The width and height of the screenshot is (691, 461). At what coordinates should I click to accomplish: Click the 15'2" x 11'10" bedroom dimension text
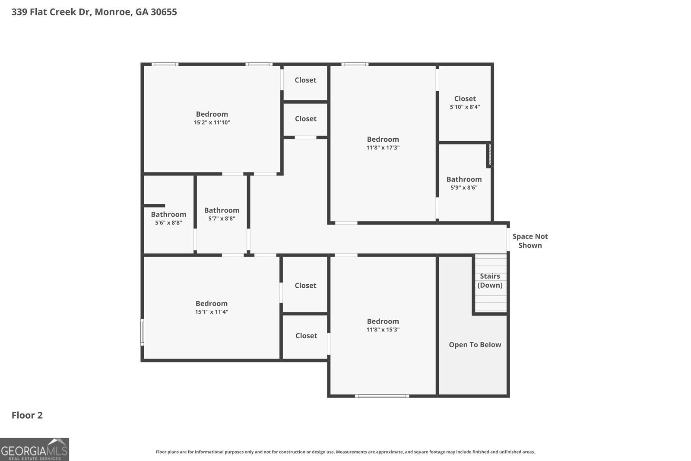click(212, 123)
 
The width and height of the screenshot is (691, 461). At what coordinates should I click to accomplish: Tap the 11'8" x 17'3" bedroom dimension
click(383, 148)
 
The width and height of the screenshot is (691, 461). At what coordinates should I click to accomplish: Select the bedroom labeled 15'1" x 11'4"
click(211, 307)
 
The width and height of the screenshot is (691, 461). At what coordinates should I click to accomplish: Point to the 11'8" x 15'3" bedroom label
click(383, 325)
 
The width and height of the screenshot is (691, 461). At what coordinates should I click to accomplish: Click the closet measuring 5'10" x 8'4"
click(465, 102)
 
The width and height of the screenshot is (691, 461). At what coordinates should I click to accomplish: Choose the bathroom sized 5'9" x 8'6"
click(464, 183)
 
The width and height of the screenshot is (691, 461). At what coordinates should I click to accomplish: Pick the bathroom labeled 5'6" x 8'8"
click(168, 218)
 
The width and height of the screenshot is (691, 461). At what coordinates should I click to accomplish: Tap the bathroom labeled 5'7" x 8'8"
click(222, 214)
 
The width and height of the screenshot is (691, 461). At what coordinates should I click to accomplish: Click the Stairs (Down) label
click(490, 280)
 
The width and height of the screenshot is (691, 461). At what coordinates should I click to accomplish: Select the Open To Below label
click(475, 345)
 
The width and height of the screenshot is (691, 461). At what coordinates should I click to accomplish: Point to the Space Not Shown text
click(530, 241)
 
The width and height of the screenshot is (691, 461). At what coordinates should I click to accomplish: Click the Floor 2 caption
click(27, 415)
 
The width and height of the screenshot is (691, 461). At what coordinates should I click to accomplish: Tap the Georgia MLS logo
click(34, 449)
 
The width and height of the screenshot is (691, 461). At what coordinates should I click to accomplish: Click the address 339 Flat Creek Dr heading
click(94, 12)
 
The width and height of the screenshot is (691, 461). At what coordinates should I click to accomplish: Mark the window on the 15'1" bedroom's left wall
click(142, 332)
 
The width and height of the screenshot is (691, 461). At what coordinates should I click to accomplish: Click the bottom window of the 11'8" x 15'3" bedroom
click(382, 396)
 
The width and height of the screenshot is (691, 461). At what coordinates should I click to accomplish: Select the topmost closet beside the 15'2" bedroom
click(305, 80)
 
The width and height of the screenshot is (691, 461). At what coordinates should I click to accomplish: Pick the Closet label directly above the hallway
click(305, 119)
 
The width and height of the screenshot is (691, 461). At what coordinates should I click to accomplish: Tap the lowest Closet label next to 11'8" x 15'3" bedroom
click(306, 336)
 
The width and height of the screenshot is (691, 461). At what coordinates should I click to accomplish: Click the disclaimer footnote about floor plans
click(345, 452)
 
